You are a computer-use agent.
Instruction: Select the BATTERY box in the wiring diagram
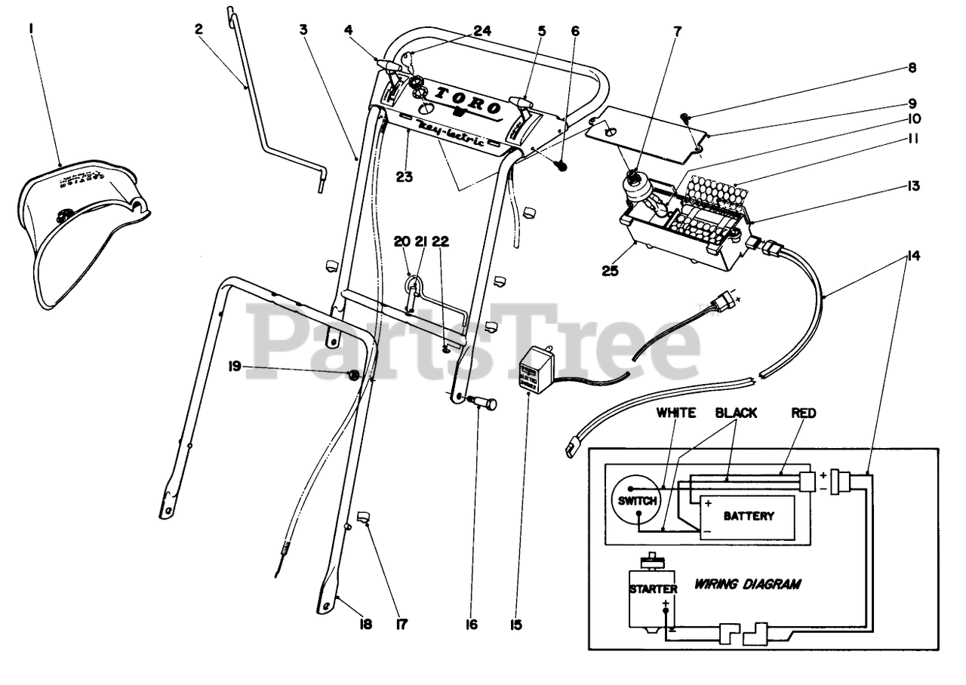tap(748, 517)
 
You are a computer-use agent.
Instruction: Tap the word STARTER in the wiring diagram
tap(653, 588)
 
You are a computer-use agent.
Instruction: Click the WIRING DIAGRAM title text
tap(747, 584)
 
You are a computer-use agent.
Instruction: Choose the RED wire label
tap(804, 413)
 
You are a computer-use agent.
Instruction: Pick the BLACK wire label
tap(736, 413)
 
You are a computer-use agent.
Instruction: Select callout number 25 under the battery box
tap(610, 269)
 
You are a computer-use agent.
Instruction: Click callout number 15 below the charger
tap(516, 625)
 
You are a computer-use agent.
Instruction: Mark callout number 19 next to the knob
tap(235, 367)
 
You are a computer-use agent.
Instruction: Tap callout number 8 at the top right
tap(912, 68)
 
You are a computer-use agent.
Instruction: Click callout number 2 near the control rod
tap(198, 29)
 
